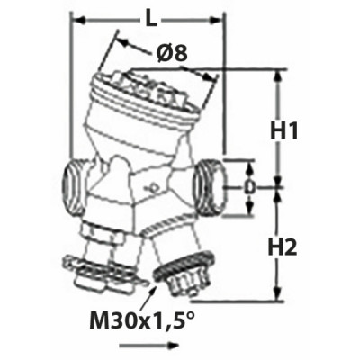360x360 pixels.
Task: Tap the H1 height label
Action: pos(286,131)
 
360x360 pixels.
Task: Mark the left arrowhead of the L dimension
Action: pos(74,17)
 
